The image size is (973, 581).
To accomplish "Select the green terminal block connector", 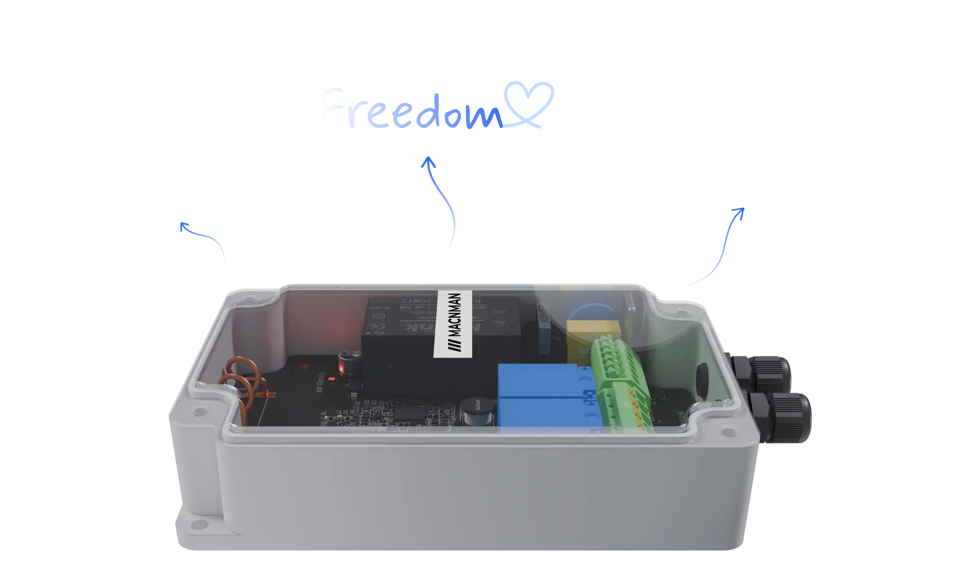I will tap(619, 385).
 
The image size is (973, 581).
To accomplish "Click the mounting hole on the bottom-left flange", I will tap(204, 525).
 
